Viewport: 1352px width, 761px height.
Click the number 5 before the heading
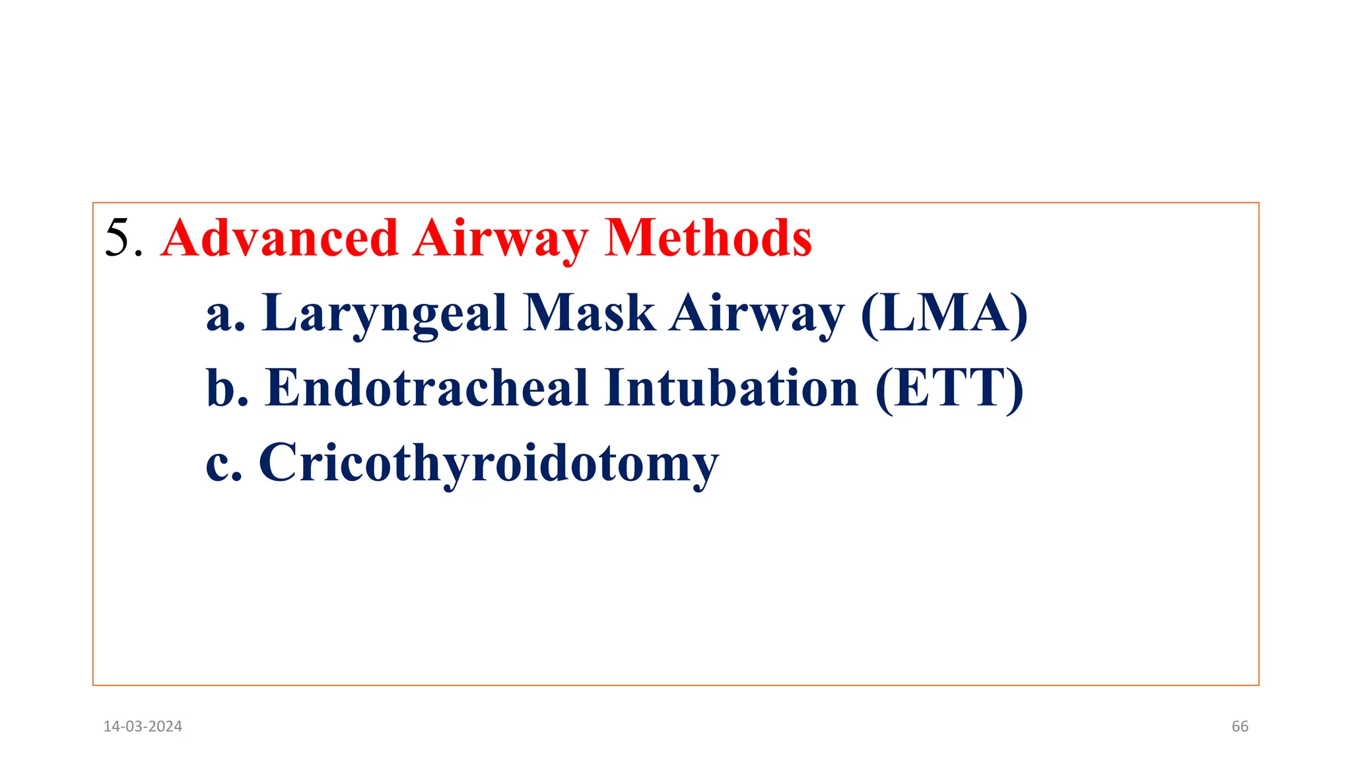click(x=119, y=238)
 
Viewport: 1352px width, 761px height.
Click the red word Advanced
click(x=279, y=238)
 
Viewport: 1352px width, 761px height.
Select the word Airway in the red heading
click(x=501, y=239)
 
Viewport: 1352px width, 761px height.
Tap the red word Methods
click(x=708, y=238)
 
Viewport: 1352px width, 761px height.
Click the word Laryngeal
click(x=384, y=314)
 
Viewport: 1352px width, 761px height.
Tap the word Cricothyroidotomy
click(x=489, y=464)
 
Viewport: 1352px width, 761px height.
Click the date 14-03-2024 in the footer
click(x=143, y=727)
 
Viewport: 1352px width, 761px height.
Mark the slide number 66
click(x=1240, y=727)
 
